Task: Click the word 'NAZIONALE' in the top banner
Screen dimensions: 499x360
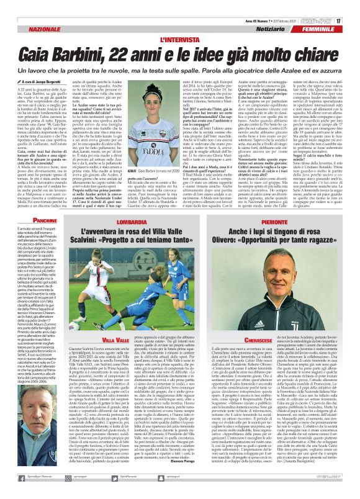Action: click(30, 30)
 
